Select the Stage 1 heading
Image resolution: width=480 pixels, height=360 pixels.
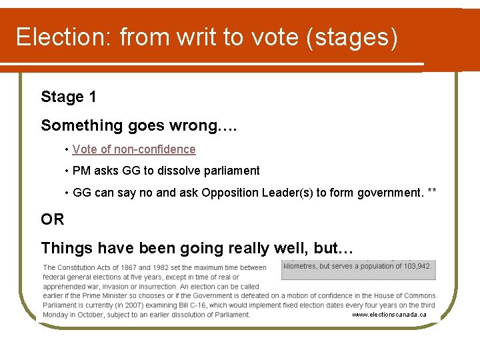[69, 97]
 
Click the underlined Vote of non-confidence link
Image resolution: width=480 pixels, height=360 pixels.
[134, 149]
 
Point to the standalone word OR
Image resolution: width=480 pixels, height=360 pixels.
[53, 219]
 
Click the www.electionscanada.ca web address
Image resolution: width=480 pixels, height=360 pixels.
[389, 314]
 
